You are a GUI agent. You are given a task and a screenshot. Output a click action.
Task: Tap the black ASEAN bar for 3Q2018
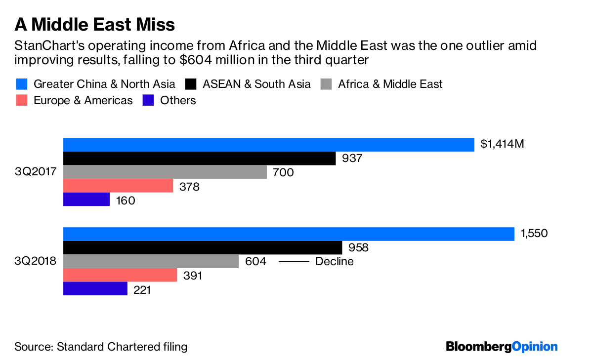click(x=203, y=247)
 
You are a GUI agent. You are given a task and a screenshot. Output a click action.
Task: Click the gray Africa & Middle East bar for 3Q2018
click(x=151, y=261)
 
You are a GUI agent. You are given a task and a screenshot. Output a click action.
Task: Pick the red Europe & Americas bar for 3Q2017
click(x=118, y=186)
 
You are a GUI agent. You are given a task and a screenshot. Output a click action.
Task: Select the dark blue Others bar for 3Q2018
click(x=95, y=289)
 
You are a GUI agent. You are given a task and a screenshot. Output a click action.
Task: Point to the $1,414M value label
click(x=502, y=145)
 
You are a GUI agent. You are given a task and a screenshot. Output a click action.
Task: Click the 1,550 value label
click(x=535, y=234)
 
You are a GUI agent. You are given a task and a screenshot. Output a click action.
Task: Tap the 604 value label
click(x=256, y=262)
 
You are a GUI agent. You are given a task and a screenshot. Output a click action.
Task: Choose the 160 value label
click(x=126, y=200)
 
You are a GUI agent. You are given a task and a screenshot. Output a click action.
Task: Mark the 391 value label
click(x=193, y=276)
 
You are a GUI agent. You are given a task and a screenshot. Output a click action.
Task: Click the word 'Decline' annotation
click(x=335, y=262)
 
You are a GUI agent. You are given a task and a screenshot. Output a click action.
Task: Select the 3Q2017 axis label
click(x=35, y=172)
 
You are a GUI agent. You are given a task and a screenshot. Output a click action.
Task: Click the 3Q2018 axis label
click(x=35, y=261)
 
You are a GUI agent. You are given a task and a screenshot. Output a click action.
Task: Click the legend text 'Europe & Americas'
click(x=83, y=101)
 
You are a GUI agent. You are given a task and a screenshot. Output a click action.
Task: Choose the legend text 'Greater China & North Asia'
click(x=104, y=84)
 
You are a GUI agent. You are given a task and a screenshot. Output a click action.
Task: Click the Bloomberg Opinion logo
click(x=502, y=347)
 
